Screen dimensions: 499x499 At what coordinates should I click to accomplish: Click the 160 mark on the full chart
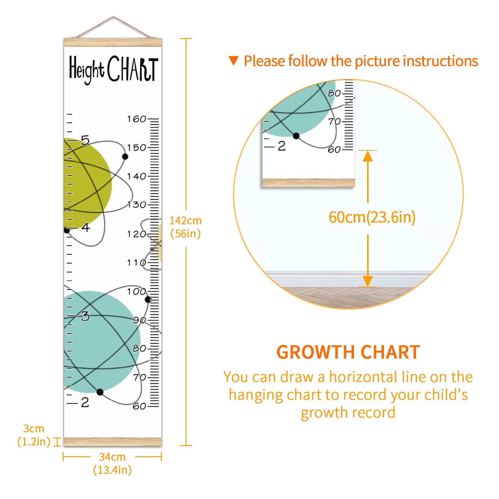137,119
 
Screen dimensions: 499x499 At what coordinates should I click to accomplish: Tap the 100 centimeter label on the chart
137,292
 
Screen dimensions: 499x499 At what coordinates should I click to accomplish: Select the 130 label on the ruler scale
137,205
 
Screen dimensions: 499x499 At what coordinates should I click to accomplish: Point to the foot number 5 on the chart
85,140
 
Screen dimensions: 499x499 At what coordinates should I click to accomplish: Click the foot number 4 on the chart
86,227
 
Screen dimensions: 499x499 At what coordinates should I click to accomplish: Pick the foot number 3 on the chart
85,316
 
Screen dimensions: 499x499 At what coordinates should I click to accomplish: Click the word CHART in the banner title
133,69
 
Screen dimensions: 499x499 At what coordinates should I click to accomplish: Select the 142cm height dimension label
186,227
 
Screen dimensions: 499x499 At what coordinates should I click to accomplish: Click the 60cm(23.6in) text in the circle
372,217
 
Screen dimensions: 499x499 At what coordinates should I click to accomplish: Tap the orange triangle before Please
234,61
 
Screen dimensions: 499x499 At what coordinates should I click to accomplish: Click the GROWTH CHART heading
348,352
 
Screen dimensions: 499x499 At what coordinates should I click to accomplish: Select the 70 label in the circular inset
334,121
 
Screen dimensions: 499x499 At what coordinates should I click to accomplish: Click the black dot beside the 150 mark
125,157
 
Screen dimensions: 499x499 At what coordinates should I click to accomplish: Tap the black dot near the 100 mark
148,299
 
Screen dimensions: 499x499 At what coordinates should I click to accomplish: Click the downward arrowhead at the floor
368,281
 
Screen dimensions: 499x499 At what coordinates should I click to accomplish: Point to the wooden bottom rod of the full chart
113,442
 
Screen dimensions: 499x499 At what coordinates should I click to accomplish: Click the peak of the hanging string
114,17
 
